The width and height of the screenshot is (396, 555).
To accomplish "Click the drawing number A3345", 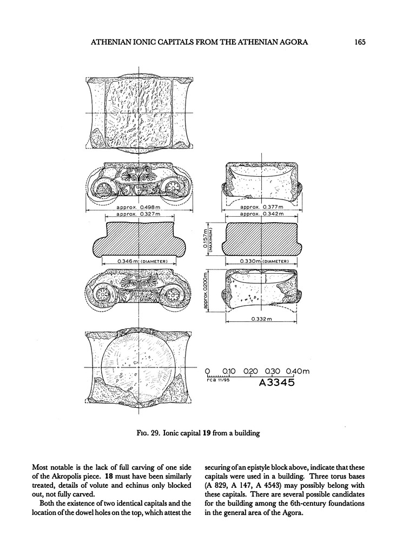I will click(x=276, y=383).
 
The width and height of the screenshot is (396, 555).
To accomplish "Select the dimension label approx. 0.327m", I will click(x=137, y=214).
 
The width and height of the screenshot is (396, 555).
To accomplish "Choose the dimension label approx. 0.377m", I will click(x=261, y=207).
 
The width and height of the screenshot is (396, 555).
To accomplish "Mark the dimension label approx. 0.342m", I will click(x=261, y=214).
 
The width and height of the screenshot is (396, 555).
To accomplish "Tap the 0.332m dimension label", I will click(x=262, y=319).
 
